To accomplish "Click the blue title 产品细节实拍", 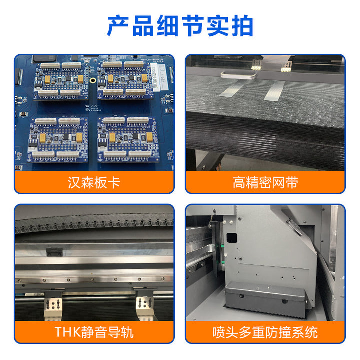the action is click(180, 26).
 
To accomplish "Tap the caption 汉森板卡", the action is click(94, 183).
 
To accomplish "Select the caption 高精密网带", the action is click(265, 183).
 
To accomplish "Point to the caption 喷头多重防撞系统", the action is click(265, 332).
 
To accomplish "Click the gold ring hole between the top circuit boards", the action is click(93, 80).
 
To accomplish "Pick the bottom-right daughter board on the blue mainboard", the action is click(128, 139).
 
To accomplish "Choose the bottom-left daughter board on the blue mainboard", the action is click(58, 139).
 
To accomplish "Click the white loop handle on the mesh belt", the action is click(238, 75).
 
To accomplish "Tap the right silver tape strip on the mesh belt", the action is click(274, 91).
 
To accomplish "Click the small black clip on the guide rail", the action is click(54, 252).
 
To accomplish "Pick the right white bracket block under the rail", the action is click(144, 307).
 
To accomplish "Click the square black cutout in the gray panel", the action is click(231, 238).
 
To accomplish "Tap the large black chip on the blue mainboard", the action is click(44, 59).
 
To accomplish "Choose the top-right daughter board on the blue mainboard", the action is click(125, 81).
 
